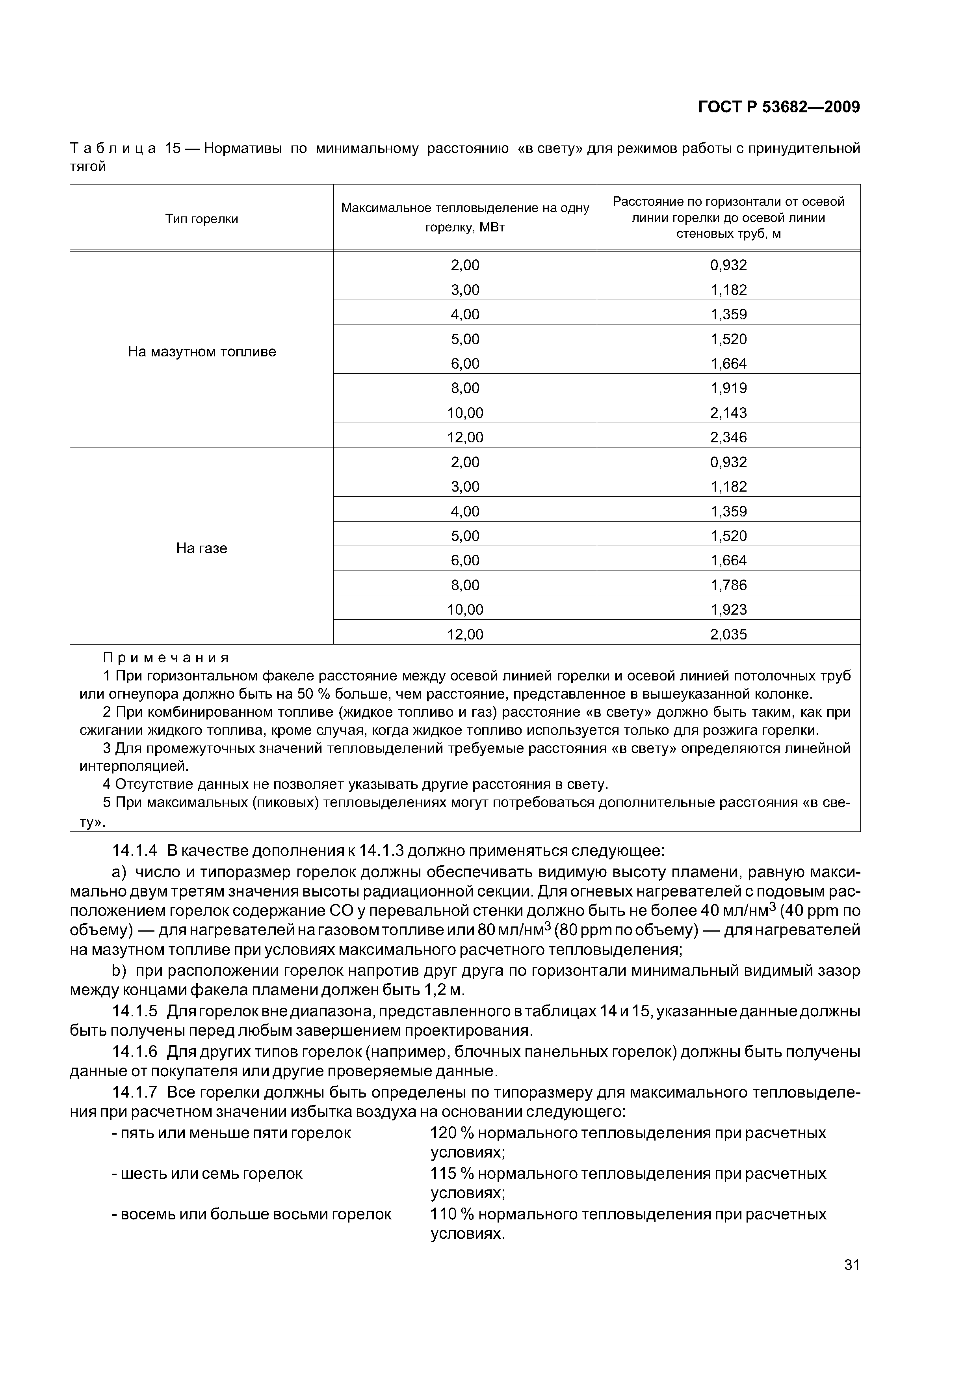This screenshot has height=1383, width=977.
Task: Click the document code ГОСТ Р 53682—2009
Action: point(778,107)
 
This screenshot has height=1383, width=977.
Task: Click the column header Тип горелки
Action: point(202,219)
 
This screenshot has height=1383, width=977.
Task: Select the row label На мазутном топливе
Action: point(202,351)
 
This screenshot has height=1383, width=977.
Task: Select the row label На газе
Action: point(202,548)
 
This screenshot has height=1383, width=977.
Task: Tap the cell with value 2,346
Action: point(728,437)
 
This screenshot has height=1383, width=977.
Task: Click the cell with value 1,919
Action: point(728,388)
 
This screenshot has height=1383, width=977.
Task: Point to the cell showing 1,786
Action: point(728,585)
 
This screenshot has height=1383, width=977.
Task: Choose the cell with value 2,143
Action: point(728,413)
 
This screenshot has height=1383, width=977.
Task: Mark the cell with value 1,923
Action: point(728,609)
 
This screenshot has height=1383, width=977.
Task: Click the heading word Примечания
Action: point(166,657)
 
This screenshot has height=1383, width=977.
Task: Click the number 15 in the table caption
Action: point(173,148)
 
